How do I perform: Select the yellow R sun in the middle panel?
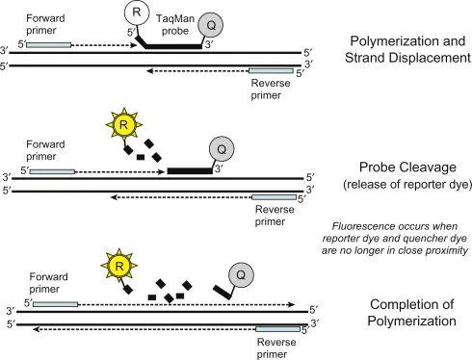coord(122,123)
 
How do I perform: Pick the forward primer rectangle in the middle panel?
coord(53,170)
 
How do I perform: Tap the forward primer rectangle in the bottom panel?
coord(54,303)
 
